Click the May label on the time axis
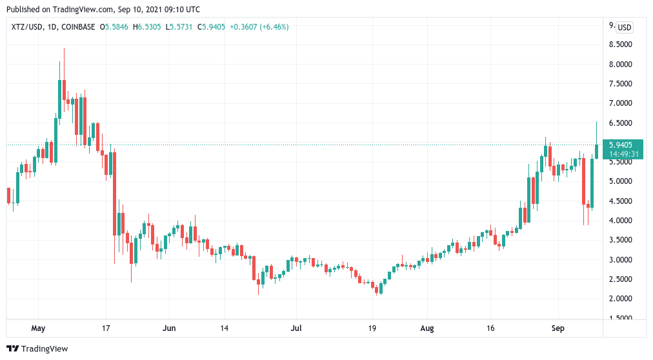[39, 328]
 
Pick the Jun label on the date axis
[170, 328]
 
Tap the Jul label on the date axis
[296, 328]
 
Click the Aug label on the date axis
[427, 328]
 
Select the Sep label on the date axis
[558, 328]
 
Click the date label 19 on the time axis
[373, 328]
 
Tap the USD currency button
[624, 27]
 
